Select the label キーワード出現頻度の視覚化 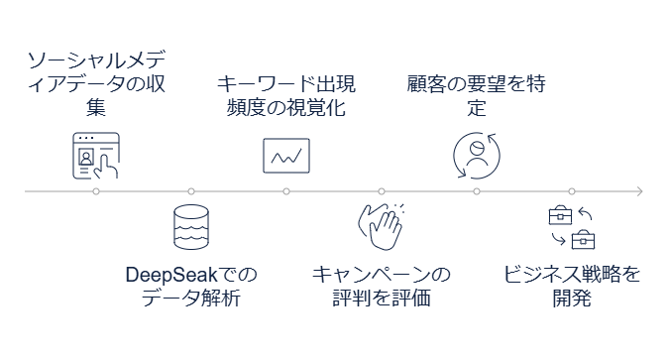[286, 96]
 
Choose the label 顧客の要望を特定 [477, 96]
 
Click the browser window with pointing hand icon [95, 155]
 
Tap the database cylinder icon [191, 228]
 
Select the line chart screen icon [286, 155]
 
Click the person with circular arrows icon [477, 155]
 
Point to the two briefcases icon [572, 228]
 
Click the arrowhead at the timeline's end [640, 191]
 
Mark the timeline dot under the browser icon [95, 191]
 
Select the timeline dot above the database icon [191, 191]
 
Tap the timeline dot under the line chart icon [286, 191]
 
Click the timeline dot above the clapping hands [382, 191]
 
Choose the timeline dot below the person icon [477, 191]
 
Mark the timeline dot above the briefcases [572, 191]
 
